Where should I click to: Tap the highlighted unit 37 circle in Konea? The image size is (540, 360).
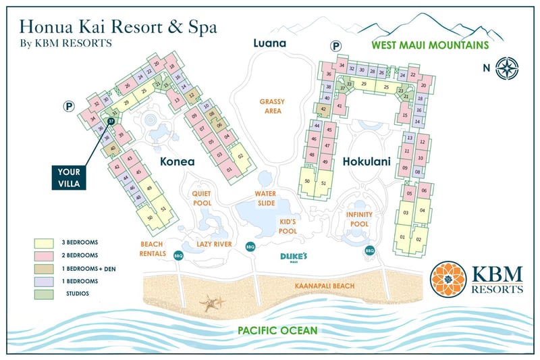pos(111,121)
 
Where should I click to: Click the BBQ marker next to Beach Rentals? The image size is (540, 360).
pos(179,256)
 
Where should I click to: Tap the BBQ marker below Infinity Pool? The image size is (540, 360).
pos(370,251)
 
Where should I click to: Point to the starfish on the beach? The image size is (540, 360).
pos(212,303)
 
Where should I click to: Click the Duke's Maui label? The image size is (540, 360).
pos(294,257)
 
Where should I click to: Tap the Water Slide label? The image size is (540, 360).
pos(265,197)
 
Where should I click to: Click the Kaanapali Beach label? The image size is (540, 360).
pos(324,286)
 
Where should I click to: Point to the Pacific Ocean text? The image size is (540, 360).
pos(277,330)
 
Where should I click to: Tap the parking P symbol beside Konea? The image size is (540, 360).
pos(68,105)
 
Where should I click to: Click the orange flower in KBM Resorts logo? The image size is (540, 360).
pos(448,280)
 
